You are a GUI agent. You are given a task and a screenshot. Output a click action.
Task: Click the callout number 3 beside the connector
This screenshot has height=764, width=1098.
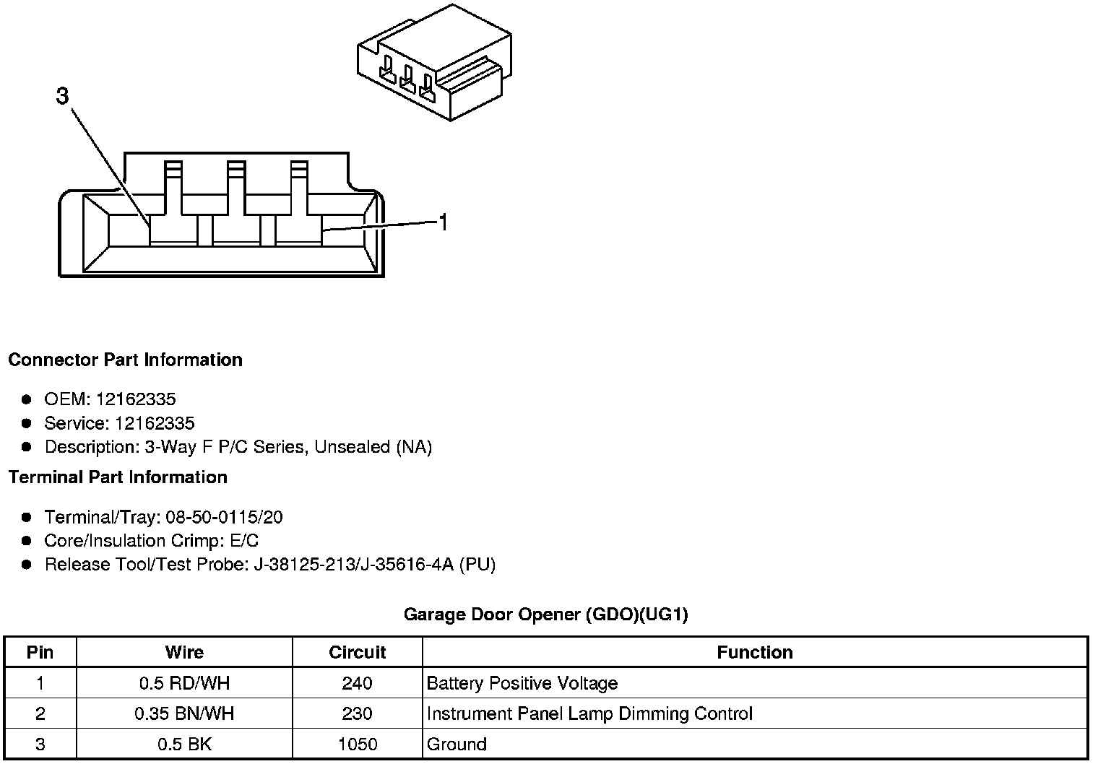coord(63,96)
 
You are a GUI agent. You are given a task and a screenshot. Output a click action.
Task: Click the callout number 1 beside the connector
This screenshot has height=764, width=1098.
coord(444,223)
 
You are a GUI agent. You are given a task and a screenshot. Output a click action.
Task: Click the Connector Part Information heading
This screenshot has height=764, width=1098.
coord(125,360)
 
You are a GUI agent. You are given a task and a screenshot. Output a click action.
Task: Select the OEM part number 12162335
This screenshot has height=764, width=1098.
coord(136,399)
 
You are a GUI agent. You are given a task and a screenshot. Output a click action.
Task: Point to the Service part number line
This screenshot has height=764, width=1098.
coord(119,423)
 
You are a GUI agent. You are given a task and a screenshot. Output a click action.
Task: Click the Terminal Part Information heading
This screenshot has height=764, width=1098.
coord(118,477)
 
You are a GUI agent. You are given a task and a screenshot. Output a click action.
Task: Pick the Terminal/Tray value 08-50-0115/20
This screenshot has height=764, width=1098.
coord(224,517)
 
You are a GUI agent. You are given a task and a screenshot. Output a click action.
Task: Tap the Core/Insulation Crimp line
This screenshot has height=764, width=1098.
coord(151,541)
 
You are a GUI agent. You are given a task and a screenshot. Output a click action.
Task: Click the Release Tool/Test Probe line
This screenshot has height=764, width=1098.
coord(269,565)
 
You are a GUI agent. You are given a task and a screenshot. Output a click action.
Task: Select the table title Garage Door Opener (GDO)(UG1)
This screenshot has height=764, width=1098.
coord(545,615)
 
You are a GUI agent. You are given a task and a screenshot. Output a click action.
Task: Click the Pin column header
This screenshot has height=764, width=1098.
coord(40,652)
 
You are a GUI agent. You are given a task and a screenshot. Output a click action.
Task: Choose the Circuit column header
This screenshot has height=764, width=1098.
coord(358,652)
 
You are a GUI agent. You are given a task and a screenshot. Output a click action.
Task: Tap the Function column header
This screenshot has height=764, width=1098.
coord(755,652)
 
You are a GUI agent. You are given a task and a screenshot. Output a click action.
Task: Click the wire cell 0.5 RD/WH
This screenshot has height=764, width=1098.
coord(184,683)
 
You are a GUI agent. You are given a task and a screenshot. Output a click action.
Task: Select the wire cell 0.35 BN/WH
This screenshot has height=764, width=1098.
coord(184,714)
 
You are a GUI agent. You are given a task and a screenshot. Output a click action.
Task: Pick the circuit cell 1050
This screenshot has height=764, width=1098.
coord(358,745)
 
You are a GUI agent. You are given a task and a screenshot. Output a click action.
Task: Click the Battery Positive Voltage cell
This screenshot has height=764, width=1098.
coord(522,683)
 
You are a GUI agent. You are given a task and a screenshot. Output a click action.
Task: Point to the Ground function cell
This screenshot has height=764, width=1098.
coord(457,745)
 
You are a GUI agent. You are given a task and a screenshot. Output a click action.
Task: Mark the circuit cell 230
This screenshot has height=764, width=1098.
coord(358,714)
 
